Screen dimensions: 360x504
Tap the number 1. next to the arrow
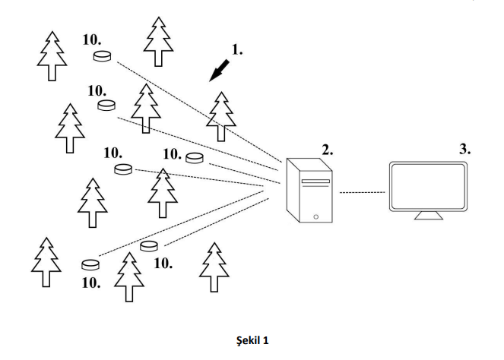[x=238, y=51]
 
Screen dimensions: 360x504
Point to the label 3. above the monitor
[x=464, y=148]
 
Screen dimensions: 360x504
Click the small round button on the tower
[x=315, y=217]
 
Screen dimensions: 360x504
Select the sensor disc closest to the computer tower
[x=195, y=159]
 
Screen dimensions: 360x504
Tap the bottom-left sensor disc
[x=90, y=264]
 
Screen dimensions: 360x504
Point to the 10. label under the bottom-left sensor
[x=91, y=283]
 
